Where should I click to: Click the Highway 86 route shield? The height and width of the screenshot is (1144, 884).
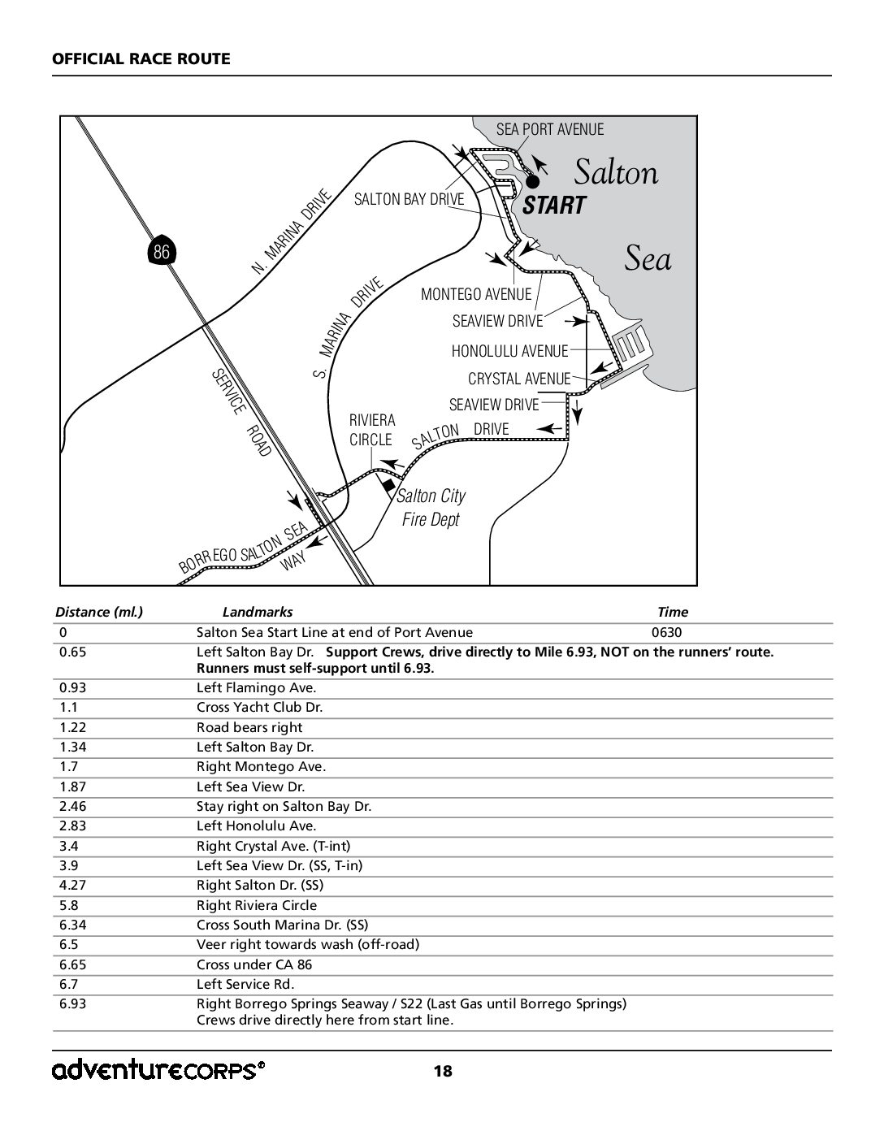pos(162,251)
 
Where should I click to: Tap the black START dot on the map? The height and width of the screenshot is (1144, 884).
pos(533,182)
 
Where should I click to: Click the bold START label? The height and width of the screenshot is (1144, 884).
pos(554,206)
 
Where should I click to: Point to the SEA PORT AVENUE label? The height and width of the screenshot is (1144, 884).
pos(550,129)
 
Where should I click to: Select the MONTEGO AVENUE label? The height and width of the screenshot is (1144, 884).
pos(476,294)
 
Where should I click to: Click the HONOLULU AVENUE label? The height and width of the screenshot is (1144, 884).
pos(509,351)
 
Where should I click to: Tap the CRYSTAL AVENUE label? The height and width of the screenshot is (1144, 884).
pos(519,379)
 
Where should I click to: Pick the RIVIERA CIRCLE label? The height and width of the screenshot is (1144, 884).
pos(371,430)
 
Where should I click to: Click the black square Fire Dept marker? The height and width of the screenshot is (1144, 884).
pos(388,485)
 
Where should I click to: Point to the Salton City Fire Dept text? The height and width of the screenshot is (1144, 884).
pos(431,508)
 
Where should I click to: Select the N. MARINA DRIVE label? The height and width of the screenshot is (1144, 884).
pos(291,232)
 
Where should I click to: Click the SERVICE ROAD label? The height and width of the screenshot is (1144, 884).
pos(241,413)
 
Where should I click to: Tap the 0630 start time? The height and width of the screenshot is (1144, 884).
pos(666,632)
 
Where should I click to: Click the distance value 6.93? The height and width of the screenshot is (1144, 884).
pos(72,1003)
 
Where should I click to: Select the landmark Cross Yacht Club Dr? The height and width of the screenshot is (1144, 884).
pos(259,707)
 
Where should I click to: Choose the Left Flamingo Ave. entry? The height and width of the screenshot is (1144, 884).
pos(257,687)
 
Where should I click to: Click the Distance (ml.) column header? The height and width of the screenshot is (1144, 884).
pos(99,612)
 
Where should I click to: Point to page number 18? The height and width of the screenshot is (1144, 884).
pos(443,1072)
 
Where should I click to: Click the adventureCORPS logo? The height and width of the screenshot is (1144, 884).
pos(158,1070)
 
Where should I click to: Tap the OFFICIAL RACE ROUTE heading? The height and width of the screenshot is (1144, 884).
pos(141,58)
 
